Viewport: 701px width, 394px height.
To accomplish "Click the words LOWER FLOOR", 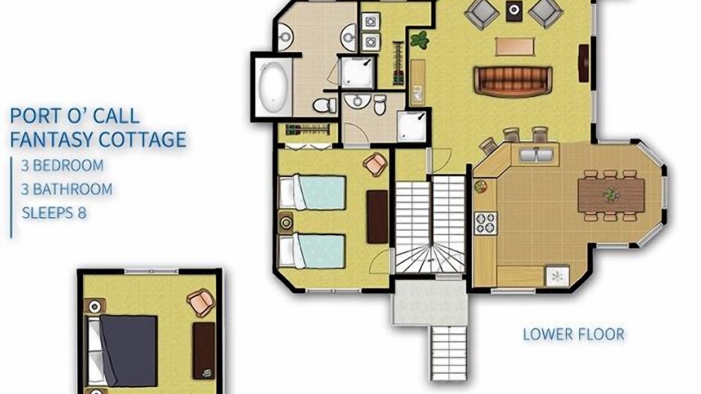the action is coord(573,334).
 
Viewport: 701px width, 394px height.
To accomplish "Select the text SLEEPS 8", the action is coord(54,213).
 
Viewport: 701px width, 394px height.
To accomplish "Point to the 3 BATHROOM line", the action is coord(66,189).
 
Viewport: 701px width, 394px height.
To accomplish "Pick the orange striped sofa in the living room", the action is coord(513,81).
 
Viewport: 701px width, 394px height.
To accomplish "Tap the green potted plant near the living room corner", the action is coord(420,40).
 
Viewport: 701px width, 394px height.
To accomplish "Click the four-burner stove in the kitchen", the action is coord(485,224).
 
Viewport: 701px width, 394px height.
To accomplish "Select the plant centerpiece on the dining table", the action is coord(611,195).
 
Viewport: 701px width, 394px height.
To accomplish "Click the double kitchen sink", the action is coord(536,154).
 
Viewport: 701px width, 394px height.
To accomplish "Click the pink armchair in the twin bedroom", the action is coord(375,164).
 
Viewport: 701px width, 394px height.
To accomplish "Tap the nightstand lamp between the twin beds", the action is coord(285,223).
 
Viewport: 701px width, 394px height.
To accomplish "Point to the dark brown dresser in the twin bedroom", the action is coord(377,217).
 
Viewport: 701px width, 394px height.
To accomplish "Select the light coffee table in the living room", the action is coord(515,47).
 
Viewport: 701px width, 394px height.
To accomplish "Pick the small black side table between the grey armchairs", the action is coord(514,10).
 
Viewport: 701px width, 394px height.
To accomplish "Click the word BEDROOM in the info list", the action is coord(68,165).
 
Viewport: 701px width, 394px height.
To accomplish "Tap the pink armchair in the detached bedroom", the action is coord(201,302).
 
